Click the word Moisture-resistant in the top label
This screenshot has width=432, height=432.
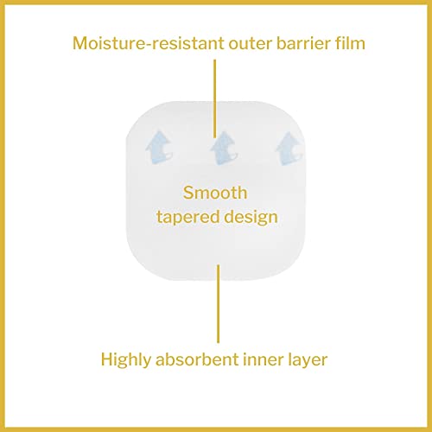tap(148, 43)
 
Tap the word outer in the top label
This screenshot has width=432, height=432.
tap(251, 44)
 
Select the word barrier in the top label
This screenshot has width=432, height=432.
tap(303, 43)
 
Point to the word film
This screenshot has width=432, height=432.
tap(350, 43)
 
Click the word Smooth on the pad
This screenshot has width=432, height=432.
tap(215, 193)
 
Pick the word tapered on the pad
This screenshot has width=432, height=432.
tap(188, 218)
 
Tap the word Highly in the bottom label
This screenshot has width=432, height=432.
tap(126, 360)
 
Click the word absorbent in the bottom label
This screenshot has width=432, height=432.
tap(197, 359)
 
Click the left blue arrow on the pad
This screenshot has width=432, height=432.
tap(159, 147)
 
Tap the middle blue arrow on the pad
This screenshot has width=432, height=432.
tap(224, 148)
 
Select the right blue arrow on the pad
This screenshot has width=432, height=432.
tap(289, 149)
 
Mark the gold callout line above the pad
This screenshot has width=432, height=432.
tap(214, 98)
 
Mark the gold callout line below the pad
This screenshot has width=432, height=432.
tap(219, 304)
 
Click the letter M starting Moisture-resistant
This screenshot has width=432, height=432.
tap(81, 43)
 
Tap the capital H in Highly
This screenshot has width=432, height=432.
tap(107, 359)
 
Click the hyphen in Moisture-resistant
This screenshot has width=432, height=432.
tap(148, 45)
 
